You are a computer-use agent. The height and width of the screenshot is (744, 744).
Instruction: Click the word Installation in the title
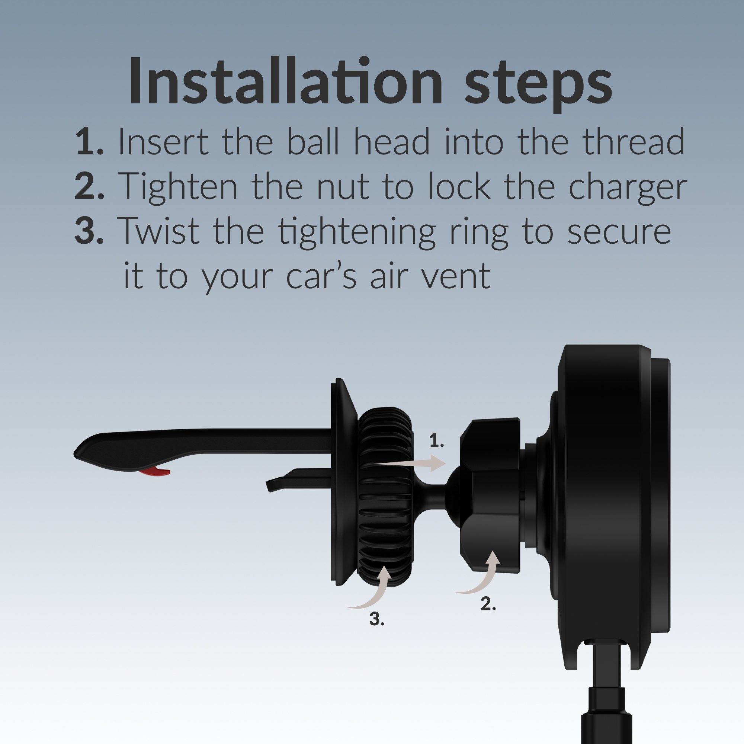click(285, 81)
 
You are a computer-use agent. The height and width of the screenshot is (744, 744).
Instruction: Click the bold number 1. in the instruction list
click(89, 141)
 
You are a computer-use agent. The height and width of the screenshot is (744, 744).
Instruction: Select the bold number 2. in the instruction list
click(89, 186)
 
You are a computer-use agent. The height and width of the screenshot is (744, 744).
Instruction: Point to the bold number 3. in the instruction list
click(89, 231)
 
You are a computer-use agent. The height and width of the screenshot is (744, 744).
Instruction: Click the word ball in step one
click(313, 141)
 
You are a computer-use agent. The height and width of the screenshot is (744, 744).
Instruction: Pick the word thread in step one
click(634, 141)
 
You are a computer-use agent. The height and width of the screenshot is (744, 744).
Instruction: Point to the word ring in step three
click(479, 233)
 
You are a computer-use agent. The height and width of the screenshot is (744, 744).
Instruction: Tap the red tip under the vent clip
click(155, 472)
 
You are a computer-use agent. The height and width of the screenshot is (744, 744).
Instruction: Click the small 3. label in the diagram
click(376, 619)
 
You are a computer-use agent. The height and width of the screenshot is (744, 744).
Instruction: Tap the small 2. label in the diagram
click(488, 603)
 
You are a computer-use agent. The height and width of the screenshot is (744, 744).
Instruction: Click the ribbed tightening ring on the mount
click(385, 497)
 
